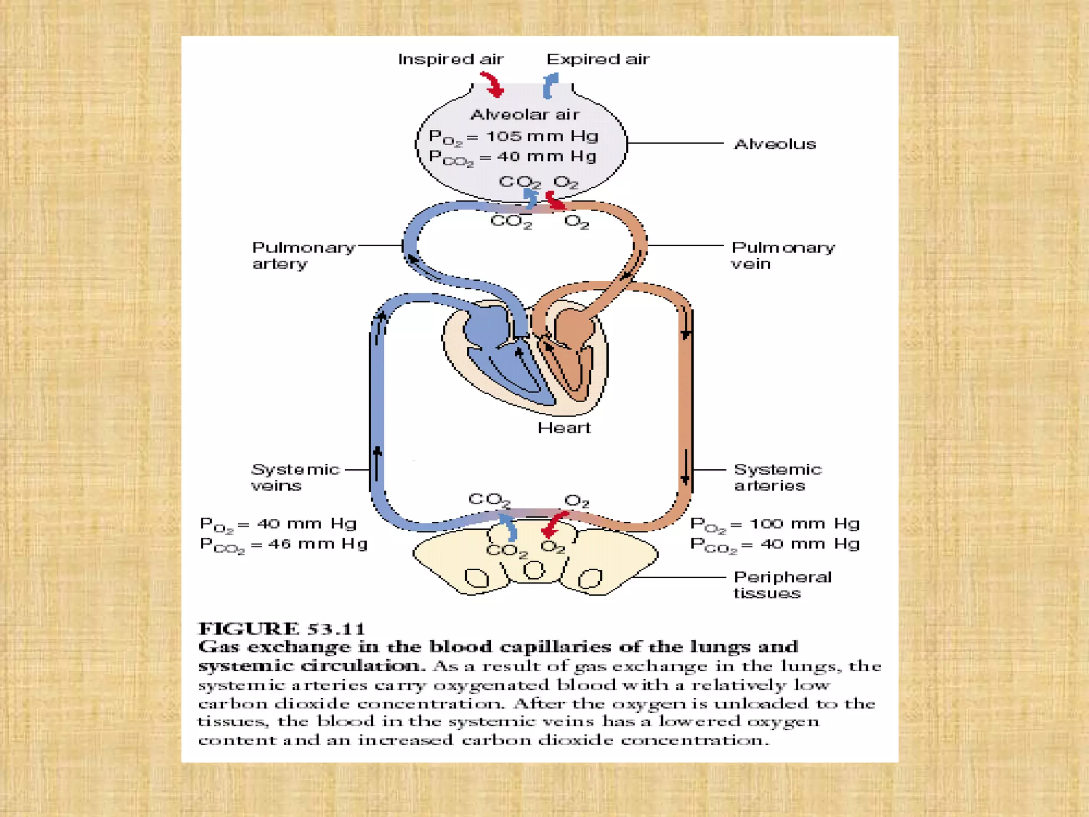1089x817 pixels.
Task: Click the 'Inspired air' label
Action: pos(450,59)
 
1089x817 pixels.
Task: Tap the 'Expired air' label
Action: pos(598,59)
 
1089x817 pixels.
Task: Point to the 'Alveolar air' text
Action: pos(525,114)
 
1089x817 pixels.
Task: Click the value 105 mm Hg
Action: pos(542,136)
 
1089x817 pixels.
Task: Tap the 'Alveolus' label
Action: pos(775,144)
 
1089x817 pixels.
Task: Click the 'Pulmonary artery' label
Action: pos(303,255)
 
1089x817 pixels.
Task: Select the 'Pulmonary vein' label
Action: pos(782,255)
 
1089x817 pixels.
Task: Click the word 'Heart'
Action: pos(564,428)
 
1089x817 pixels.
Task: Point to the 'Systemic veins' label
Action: pos(295,477)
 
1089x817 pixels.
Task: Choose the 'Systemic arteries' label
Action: pos(777,477)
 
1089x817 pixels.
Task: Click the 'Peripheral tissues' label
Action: pos(782,585)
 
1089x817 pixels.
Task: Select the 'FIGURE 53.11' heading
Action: pos(282,629)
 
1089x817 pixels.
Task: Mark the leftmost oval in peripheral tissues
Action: pos(476,578)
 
